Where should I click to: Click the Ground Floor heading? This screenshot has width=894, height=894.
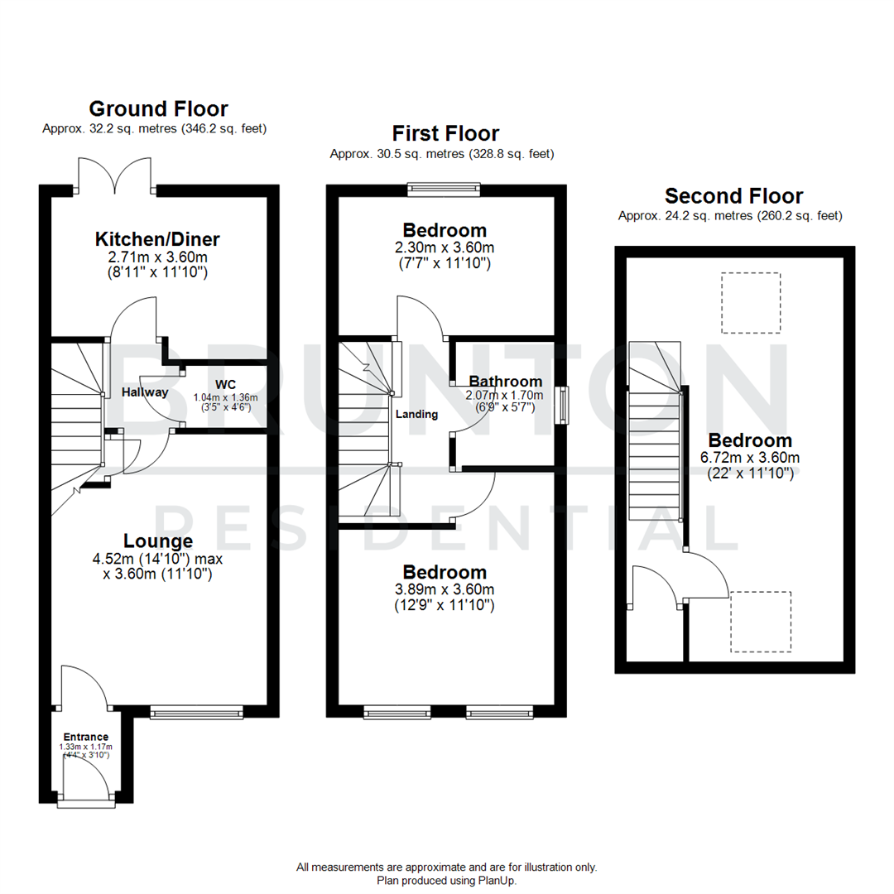click(158, 108)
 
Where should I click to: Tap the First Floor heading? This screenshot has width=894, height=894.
click(445, 133)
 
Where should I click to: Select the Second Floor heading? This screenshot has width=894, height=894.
click(733, 196)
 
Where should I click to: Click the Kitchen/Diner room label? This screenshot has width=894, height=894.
click(157, 239)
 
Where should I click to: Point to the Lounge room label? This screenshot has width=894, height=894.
click(157, 541)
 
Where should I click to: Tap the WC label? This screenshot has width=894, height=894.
click(225, 384)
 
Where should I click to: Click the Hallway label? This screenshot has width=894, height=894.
click(144, 392)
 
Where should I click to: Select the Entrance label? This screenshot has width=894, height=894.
click(86, 737)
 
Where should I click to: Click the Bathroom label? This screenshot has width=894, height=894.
click(505, 382)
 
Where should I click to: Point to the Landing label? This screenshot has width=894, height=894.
click(416, 414)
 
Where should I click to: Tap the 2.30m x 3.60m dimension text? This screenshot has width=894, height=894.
click(445, 248)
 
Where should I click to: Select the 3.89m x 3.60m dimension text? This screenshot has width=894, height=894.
click(445, 589)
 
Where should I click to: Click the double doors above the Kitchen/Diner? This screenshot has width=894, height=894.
click(116, 175)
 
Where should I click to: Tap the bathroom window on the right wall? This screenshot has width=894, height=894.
click(562, 405)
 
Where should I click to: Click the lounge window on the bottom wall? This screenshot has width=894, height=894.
click(197, 711)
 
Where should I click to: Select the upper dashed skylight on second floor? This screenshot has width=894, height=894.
click(751, 304)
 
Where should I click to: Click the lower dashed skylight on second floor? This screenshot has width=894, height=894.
click(760, 620)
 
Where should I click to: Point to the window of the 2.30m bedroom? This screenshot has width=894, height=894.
click(443, 190)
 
